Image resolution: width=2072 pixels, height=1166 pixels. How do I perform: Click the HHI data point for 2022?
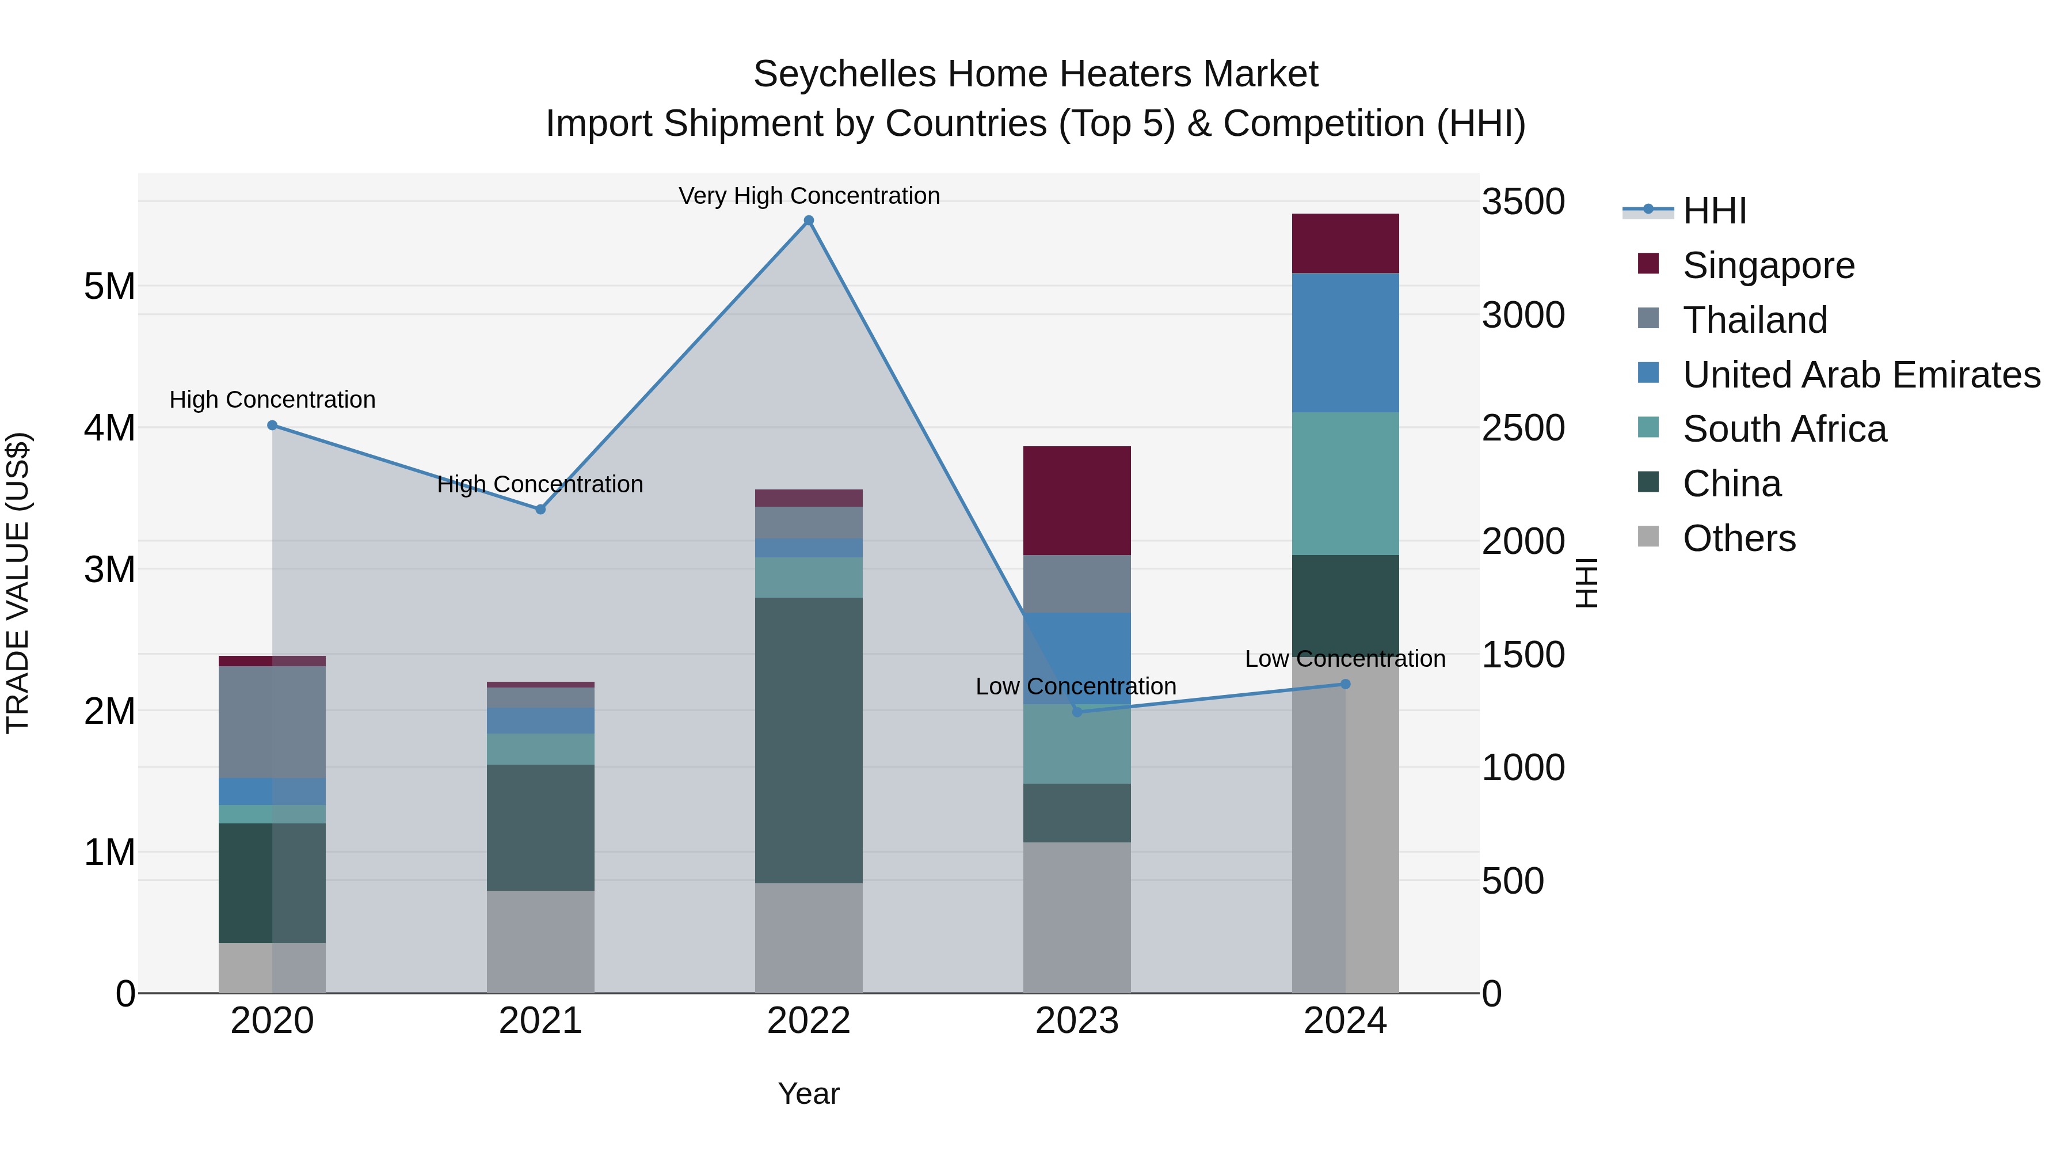tap(809, 221)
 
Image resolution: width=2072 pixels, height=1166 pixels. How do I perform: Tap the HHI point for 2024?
tap(1345, 684)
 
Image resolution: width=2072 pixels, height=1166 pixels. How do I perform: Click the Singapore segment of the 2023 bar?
tap(1076, 500)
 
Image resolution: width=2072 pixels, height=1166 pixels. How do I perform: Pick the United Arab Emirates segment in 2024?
tap(1345, 343)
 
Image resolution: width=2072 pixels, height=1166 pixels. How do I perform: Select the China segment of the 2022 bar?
tap(809, 740)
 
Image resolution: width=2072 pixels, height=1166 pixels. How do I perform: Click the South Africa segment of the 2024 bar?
tap(1345, 484)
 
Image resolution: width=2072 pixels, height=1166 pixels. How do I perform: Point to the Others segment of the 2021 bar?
tap(540, 941)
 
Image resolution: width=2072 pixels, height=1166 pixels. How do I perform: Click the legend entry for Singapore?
tap(1768, 265)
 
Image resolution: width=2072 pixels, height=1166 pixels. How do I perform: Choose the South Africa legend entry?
tap(1784, 429)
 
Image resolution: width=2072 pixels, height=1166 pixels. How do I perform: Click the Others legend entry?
tap(1738, 538)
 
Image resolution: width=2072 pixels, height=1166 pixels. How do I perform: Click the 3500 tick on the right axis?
tap(1522, 202)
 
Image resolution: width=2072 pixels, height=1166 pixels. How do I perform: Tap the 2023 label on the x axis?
tap(1076, 1021)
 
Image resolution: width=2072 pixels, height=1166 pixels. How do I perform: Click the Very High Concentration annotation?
tap(809, 196)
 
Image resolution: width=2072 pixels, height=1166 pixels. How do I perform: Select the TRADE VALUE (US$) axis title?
tap(18, 583)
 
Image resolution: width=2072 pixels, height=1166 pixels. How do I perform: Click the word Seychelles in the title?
tap(844, 74)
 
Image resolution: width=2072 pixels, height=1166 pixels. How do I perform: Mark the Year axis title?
tap(809, 1093)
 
